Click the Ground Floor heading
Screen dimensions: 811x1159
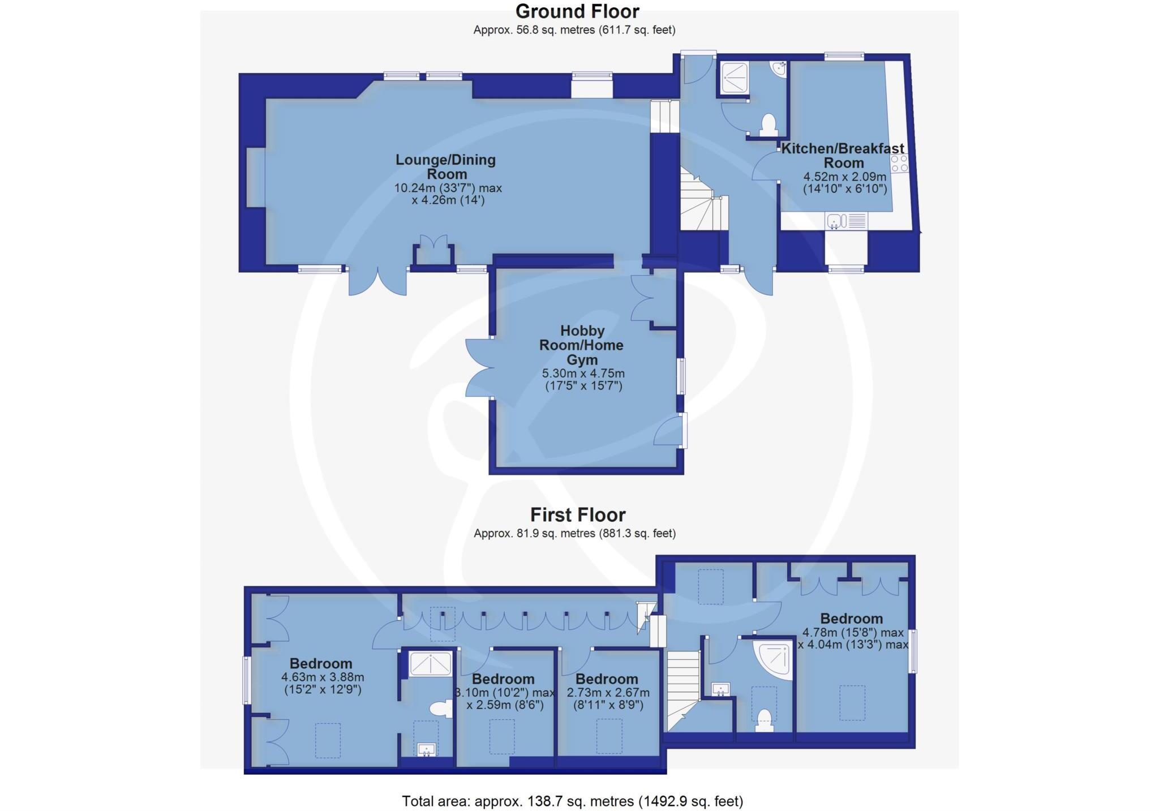[577, 11]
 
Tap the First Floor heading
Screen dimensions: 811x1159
[577, 514]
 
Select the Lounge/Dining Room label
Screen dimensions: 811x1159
[446, 167]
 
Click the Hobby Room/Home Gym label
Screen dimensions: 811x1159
[582, 345]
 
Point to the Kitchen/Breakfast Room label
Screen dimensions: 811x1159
[843, 156]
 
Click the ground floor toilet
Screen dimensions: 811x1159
[768, 125]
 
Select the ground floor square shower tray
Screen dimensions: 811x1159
[735, 78]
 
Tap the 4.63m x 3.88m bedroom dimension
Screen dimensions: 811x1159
[322, 683]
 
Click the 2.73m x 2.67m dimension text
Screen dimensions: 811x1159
[608, 699]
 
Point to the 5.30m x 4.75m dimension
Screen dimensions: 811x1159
[583, 380]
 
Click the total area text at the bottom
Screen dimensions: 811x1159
[572, 801]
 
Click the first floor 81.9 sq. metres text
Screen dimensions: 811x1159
[574, 533]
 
